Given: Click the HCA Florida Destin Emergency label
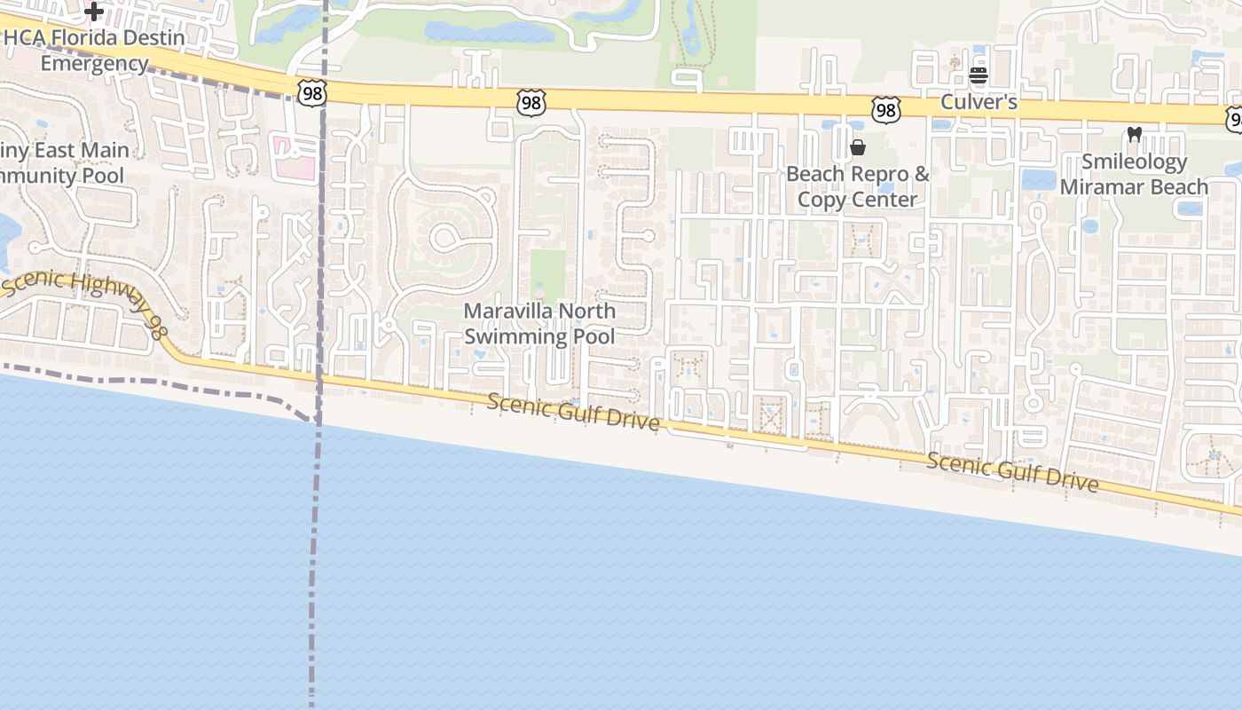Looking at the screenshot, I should (94, 51).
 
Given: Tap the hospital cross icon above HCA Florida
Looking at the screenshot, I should (94, 12).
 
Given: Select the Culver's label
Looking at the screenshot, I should (979, 102).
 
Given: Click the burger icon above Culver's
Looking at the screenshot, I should (979, 75).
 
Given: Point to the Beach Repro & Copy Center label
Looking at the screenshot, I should (858, 186).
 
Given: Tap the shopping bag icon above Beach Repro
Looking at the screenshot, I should (858, 147).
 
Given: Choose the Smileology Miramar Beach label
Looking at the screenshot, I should (1134, 175).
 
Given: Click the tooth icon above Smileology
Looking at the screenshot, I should (1134, 135).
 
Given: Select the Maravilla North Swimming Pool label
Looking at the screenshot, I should (539, 324).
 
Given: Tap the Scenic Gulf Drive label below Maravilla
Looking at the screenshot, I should (574, 413).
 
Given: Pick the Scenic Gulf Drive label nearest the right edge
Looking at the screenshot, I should (1013, 471).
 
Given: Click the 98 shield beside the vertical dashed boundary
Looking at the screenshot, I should (312, 92).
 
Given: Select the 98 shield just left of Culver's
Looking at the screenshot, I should (885, 109).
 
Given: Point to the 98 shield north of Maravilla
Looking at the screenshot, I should (531, 104).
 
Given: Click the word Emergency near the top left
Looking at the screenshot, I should (94, 64).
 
